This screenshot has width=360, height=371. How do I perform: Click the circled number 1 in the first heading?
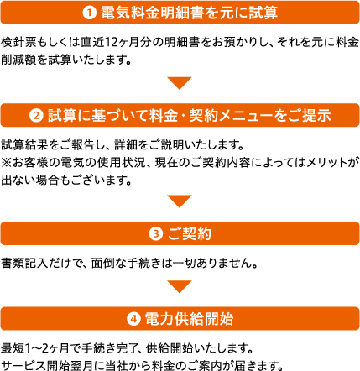[89, 13]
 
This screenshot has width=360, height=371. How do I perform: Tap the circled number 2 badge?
[36, 115]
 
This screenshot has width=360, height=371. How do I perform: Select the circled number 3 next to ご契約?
[156, 234]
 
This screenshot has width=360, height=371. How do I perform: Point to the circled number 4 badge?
[133, 319]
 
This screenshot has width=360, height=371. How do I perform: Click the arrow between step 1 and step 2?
[180, 83]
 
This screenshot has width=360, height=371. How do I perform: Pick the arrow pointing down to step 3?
[180, 201]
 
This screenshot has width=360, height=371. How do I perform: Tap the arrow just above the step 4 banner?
[180, 286]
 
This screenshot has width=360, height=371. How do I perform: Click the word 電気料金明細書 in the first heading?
[153, 13]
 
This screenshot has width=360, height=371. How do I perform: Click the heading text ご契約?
[189, 234]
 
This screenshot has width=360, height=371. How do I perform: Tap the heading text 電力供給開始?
[189, 319]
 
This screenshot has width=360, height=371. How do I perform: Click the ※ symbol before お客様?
[6, 163]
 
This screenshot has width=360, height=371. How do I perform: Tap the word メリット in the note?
[326, 163]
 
